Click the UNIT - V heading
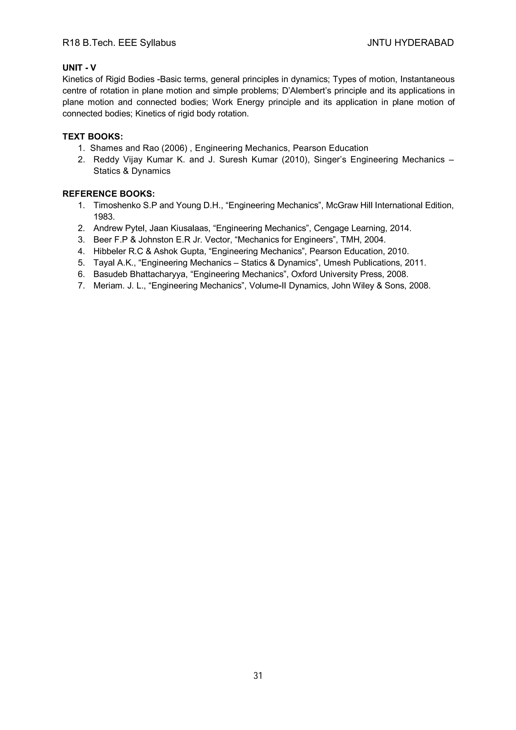[79, 68]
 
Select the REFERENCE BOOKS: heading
[108, 194]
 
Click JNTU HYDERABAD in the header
[410, 43]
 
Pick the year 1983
[104, 217]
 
